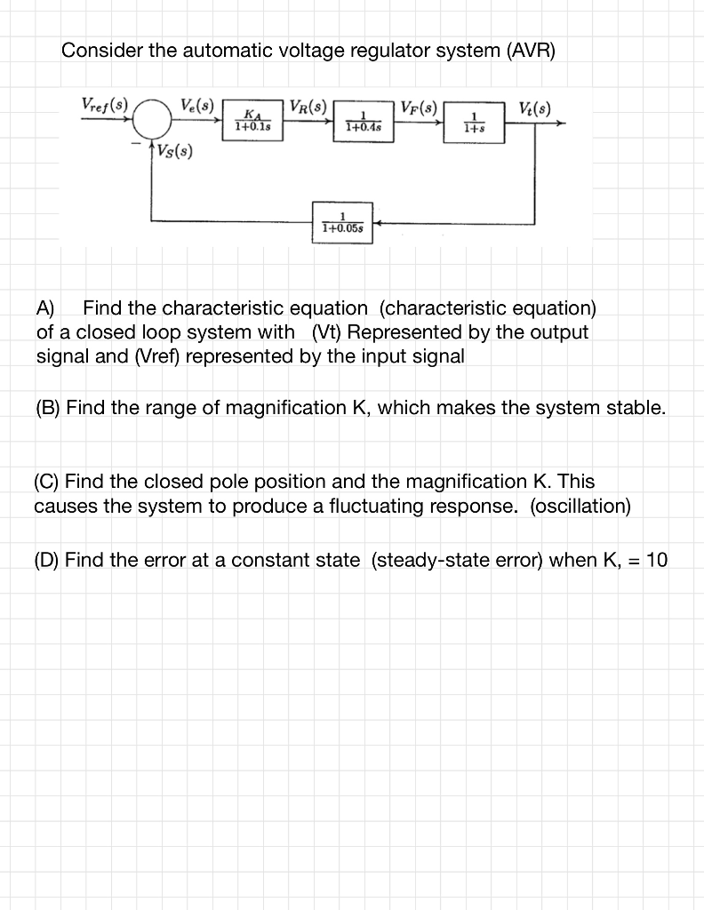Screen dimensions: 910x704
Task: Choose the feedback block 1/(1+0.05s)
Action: click(342, 222)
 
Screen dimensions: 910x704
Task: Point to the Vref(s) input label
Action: click(104, 102)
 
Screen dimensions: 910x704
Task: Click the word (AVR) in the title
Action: click(530, 51)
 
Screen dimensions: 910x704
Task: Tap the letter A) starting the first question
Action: click(45, 309)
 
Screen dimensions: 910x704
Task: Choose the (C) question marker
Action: click(48, 482)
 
